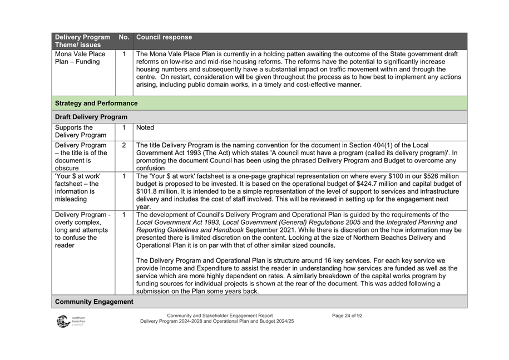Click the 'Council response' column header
click(164, 38)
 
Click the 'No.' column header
click(123, 38)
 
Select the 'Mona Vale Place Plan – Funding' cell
click(80, 58)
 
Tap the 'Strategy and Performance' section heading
click(96, 103)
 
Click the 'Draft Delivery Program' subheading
click(91, 117)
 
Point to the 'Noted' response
click(145, 128)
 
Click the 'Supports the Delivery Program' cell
click(80, 132)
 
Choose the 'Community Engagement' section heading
click(94, 302)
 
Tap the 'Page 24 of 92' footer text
click(347, 315)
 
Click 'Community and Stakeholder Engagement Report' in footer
click(220, 315)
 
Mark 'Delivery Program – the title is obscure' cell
click(81, 156)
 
